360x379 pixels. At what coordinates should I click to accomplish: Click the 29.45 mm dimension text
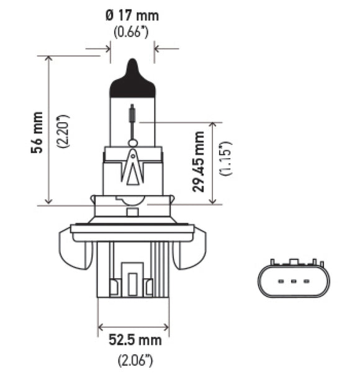[199, 161]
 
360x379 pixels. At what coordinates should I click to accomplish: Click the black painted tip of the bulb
[132, 81]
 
